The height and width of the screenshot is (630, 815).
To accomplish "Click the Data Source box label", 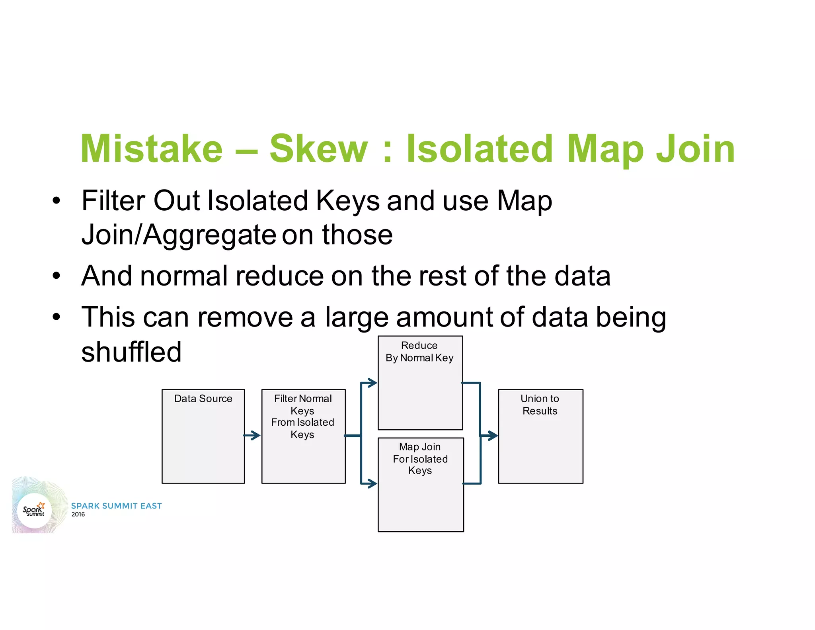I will [x=203, y=399].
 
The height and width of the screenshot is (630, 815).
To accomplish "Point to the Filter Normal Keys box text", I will [x=302, y=416].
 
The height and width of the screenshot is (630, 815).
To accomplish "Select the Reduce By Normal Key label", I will [x=419, y=352].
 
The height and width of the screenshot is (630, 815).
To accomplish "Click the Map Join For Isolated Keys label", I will [x=420, y=459].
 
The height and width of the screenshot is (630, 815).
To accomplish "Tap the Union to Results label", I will [x=540, y=405].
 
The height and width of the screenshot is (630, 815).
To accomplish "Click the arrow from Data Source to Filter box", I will [x=252, y=435].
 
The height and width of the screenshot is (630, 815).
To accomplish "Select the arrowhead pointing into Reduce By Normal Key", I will [x=372, y=383].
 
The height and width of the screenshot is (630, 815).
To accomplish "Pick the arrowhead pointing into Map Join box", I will [x=372, y=483].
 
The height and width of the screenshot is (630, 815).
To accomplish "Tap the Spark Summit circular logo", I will [x=35, y=511].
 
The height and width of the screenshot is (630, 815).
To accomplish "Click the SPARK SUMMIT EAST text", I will [x=116, y=506].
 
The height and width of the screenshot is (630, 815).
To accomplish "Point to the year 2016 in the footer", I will [x=78, y=515].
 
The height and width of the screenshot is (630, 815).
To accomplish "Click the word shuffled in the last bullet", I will [x=131, y=352].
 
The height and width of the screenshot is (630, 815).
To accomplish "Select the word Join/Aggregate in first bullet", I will [x=178, y=235].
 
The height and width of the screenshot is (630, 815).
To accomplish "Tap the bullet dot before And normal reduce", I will [x=57, y=276].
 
